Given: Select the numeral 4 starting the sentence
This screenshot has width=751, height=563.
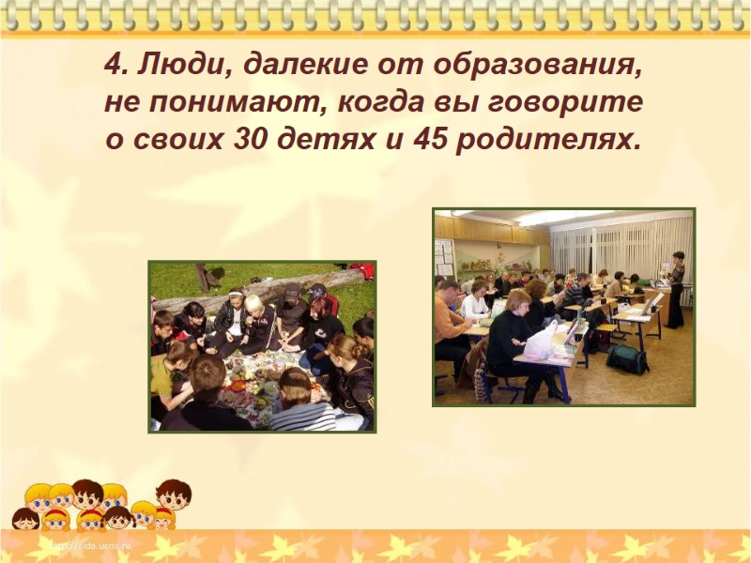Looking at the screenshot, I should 114,67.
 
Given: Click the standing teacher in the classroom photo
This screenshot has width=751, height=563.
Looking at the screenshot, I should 676,286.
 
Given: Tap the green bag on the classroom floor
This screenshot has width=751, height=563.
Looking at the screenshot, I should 626,358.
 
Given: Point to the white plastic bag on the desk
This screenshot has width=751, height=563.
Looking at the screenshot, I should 541,340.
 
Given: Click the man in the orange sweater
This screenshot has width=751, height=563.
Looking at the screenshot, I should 451,314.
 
